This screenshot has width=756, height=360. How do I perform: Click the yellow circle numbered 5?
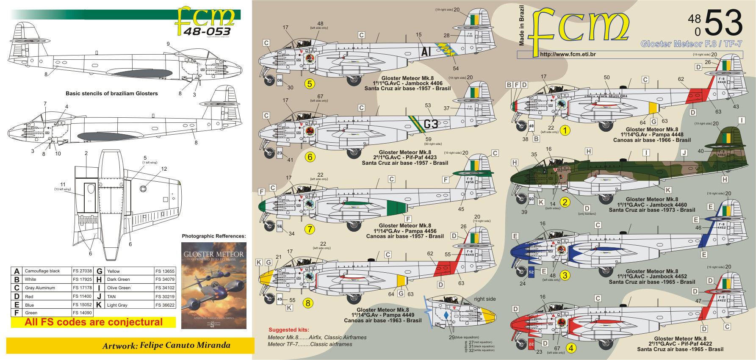click(x=310, y=84)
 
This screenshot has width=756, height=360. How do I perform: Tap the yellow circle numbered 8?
click(x=308, y=303)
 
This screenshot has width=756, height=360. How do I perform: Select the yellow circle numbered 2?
click(x=565, y=202)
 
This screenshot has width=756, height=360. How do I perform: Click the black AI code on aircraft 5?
click(x=426, y=52)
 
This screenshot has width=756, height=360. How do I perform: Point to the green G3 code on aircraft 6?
click(x=431, y=124)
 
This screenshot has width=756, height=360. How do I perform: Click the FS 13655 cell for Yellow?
click(x=165, y=271)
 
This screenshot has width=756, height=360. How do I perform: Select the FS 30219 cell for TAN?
click(x=165, y=296)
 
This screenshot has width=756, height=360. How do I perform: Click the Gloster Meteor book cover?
click(x=214, y=285)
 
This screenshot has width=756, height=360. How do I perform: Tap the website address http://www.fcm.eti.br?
click(x=568, y=54)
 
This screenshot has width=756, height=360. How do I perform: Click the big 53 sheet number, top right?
click(x=723, y=23)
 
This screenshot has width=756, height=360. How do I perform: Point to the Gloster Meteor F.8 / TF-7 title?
click(x=691, y=44)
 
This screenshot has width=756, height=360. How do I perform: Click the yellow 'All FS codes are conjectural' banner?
click(x=94, y=322)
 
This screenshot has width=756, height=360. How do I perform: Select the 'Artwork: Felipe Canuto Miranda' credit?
click(x=166, y=346)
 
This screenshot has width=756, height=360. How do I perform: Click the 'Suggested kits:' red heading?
click(x=289, y=330)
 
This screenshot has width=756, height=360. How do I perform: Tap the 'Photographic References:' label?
click(x=213, y=236)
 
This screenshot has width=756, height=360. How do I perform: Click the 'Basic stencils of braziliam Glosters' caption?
click(x=111, y=94)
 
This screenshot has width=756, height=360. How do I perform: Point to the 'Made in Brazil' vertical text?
click(x=521, y=25)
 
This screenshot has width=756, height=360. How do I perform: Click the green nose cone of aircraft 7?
click(x=262, y=206)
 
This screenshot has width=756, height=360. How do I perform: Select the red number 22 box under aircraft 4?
click(x=531, y=344)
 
